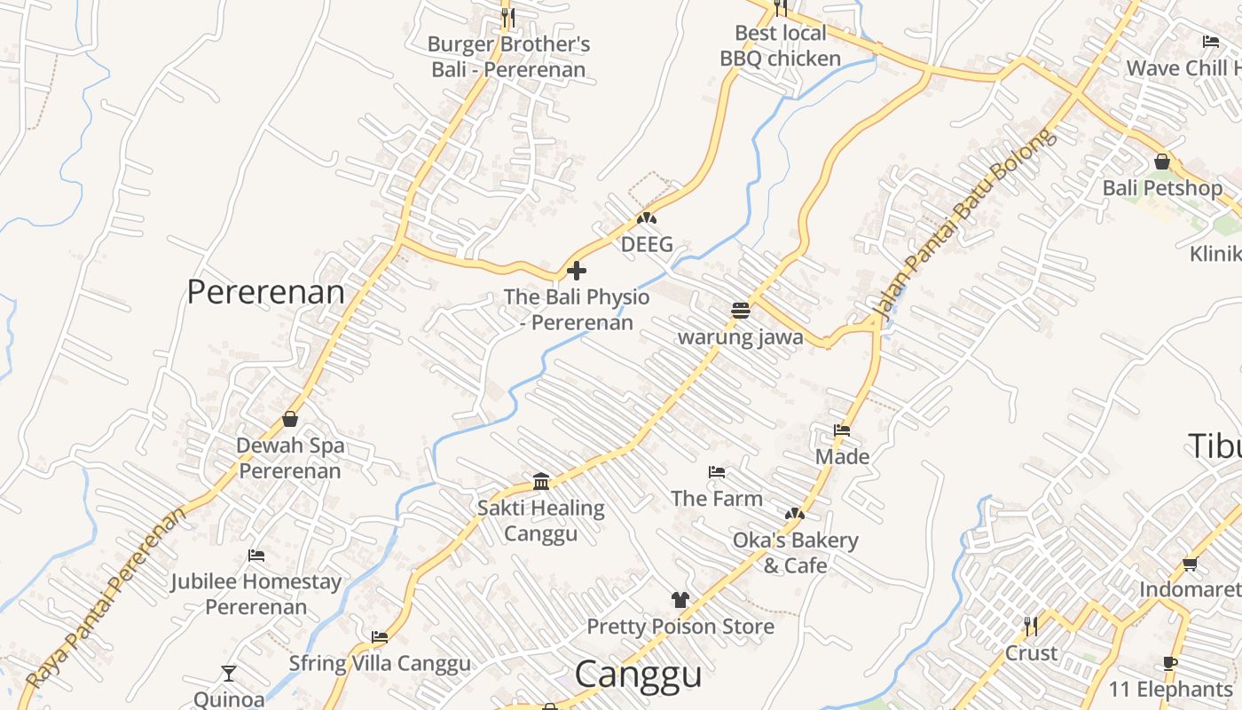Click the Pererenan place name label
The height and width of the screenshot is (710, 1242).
265,292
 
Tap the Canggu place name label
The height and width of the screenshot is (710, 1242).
638,674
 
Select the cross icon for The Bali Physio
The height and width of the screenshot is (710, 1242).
577,271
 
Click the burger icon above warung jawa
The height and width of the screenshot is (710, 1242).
741,310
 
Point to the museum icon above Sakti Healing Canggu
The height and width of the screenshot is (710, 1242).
541,482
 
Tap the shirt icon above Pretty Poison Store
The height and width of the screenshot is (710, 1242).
680,600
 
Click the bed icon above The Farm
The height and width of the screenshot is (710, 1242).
717,471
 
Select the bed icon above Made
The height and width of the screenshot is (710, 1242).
842,430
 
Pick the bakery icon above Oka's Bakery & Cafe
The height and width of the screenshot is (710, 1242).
795,514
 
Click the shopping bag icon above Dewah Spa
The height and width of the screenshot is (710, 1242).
290,419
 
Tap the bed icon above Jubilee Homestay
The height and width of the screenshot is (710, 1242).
256,556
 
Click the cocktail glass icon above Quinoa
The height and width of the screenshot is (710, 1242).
229,674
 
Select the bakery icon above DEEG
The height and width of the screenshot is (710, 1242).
647,218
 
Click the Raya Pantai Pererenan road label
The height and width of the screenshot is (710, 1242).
106,597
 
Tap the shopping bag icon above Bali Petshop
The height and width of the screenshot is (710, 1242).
1162,162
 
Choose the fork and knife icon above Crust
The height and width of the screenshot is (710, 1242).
1030,627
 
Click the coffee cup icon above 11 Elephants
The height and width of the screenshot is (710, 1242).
1170,664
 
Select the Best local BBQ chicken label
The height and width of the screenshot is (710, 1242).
780,46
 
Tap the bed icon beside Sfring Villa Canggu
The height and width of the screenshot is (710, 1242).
380,637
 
